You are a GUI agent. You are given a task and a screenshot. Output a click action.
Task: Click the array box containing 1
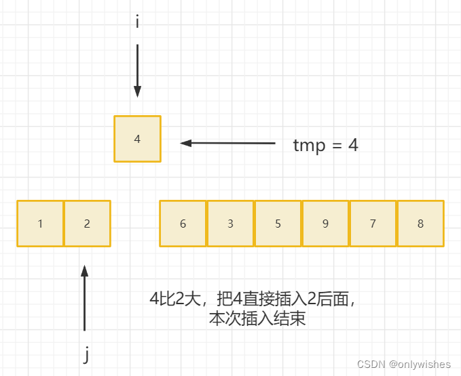click(x=41, y=224)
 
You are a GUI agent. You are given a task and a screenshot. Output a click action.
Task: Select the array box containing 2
click(x=87, y=224)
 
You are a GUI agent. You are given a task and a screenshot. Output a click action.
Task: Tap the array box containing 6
click(x=183, y=224)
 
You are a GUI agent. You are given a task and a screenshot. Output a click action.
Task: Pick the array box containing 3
click(x=231, y=224)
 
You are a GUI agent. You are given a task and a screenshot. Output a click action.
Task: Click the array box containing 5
click(x=278, y=224)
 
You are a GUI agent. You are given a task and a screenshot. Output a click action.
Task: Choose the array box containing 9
click(x=326, y=224)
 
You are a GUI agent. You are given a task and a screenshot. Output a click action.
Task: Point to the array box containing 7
click(x=373, y=224)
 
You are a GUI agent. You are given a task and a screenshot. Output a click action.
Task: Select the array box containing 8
click(x=421, y=224)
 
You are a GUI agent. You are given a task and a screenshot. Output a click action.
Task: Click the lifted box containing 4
click(x=137, y=139)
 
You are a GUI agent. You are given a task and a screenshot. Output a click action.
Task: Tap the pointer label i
click(x=137, y=22)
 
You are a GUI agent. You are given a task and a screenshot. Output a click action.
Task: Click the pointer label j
click(x=86, y=354)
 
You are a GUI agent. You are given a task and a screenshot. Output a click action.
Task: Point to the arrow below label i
click(x=137, y=71)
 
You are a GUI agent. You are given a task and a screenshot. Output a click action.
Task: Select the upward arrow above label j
click(x=85, y=298)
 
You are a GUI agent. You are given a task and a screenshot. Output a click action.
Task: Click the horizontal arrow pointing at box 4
click(x=228, y=143)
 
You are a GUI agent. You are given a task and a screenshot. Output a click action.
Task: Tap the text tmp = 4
click(x=325, y=145)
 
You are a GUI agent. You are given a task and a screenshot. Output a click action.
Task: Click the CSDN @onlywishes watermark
click(x=405, y=364)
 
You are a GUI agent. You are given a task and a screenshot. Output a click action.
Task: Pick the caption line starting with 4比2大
click(x=253, y=299)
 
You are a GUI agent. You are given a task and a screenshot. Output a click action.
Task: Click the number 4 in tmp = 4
click(x=353, y=145)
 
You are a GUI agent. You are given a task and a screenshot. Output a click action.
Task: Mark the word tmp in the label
click(x=309, y=146)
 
